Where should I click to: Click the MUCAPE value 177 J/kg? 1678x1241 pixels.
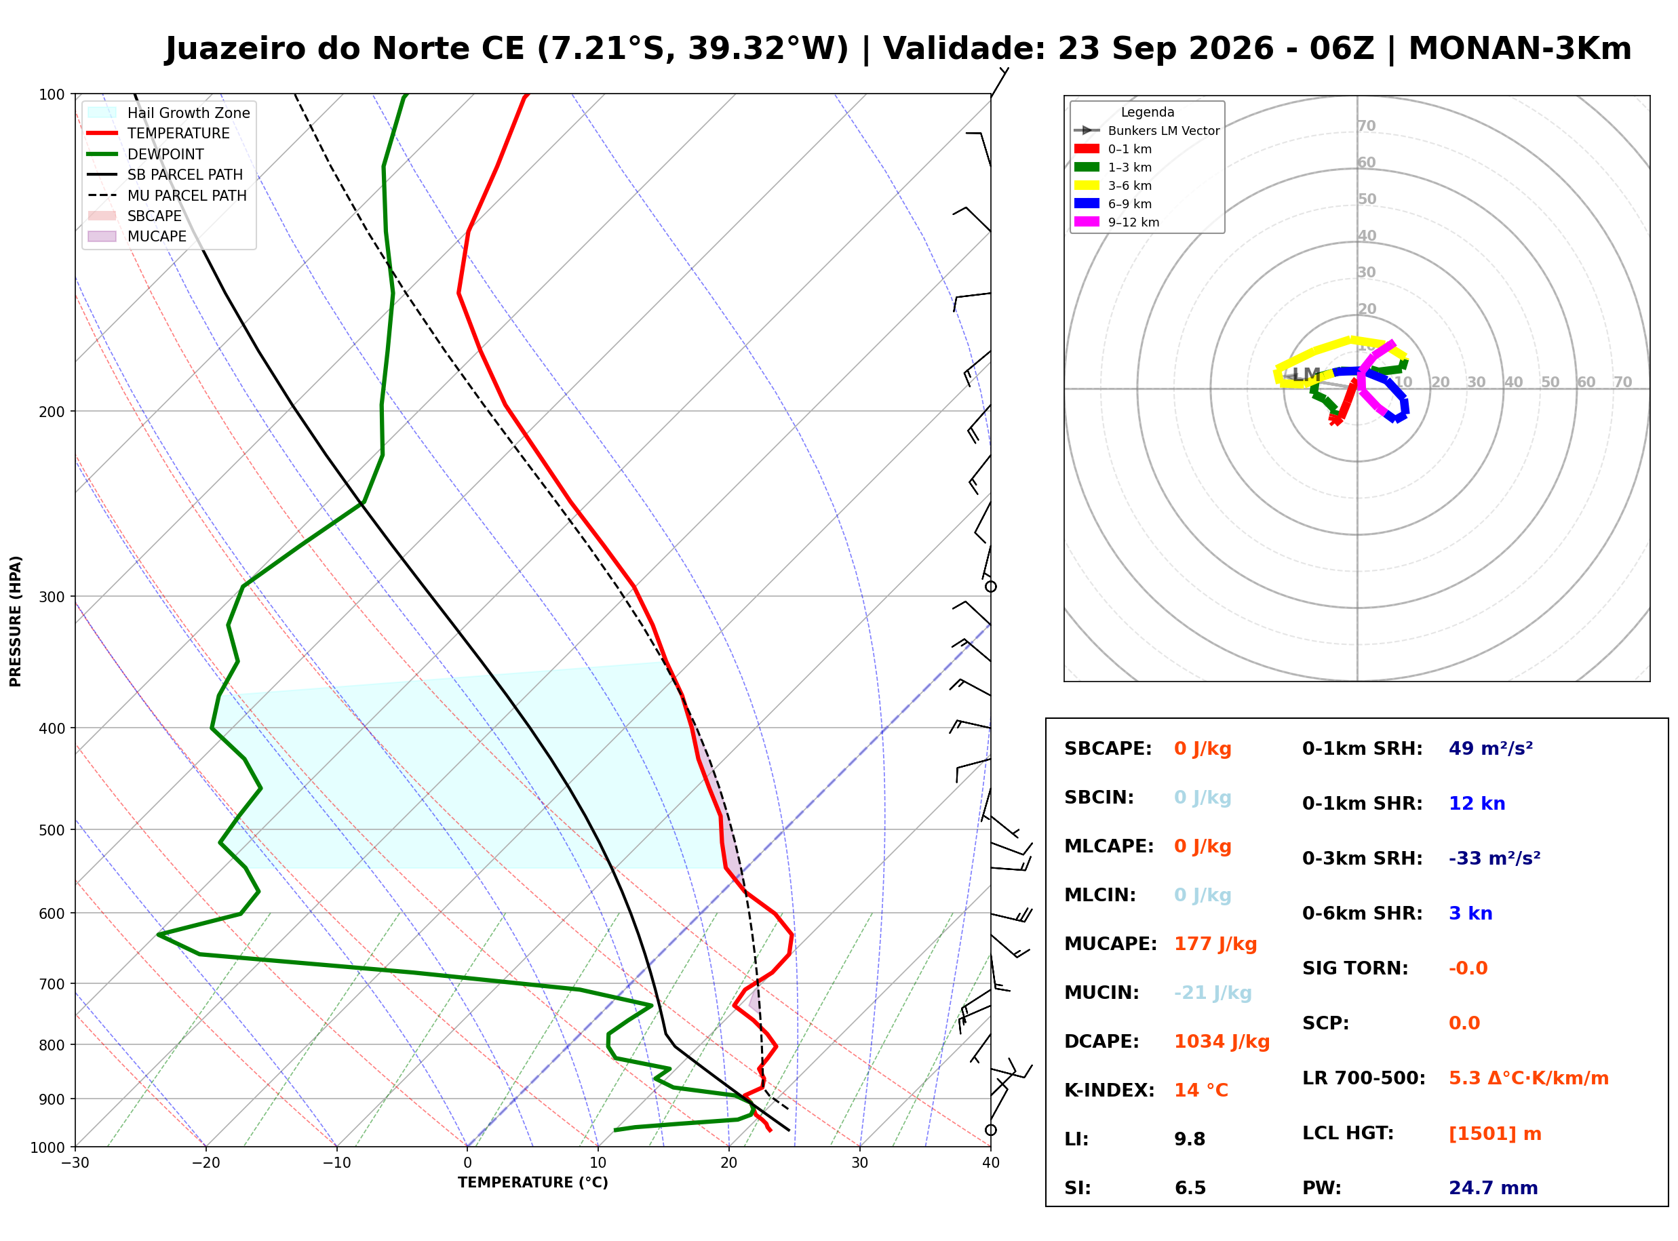1215,944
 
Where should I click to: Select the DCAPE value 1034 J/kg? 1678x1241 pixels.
1222,1042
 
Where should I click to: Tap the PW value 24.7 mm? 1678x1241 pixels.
1494,1188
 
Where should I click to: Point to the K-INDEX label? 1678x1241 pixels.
1110,1090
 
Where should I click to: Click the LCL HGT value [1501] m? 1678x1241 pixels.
1495,1134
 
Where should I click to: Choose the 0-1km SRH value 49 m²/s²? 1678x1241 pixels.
1491,749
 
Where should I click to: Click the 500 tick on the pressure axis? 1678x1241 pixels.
52,830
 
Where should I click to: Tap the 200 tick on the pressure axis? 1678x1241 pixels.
52,412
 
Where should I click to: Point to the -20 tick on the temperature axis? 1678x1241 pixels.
206,1164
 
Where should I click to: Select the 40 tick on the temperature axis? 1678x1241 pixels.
991,1164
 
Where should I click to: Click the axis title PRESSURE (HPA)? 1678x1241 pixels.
16,621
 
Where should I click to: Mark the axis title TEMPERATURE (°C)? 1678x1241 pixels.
533,1183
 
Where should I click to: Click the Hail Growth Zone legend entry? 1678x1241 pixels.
169,113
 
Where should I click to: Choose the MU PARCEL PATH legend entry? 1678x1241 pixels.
168,195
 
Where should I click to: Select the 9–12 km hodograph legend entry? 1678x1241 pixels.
1116,222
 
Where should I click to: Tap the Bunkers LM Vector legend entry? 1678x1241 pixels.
1146,131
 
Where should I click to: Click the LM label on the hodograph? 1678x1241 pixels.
1306,375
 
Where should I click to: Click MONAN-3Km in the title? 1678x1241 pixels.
1519,49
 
